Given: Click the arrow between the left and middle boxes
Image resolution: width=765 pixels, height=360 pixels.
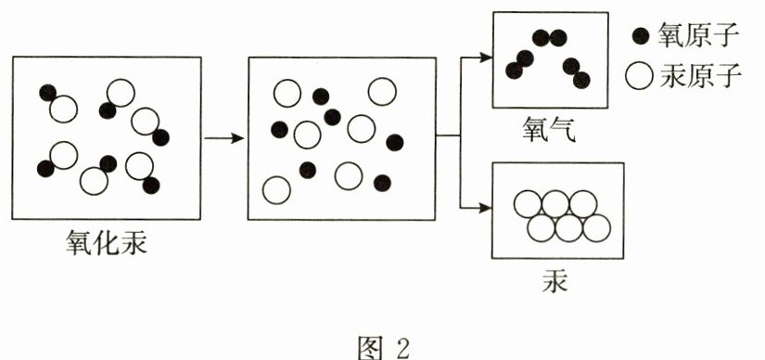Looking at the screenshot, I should click(x=223, y=139).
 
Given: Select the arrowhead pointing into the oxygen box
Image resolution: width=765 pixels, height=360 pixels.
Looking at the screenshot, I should click(x=485, y=57).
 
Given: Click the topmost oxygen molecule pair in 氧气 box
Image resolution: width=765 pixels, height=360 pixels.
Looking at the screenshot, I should click(x=549, y=38).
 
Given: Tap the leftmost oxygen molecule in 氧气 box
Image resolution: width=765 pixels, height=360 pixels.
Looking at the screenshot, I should click(x=519, y=64).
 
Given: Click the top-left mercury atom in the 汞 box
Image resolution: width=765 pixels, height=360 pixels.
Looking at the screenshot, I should click(x=529, y=204).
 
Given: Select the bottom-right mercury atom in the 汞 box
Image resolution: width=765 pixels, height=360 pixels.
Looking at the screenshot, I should click(x=596, y=226).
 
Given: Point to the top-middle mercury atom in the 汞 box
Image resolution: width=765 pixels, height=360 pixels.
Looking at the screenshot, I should click(x=555, y=204).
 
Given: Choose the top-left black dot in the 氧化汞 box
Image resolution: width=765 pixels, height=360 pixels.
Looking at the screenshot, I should click(x=47, y=92).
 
